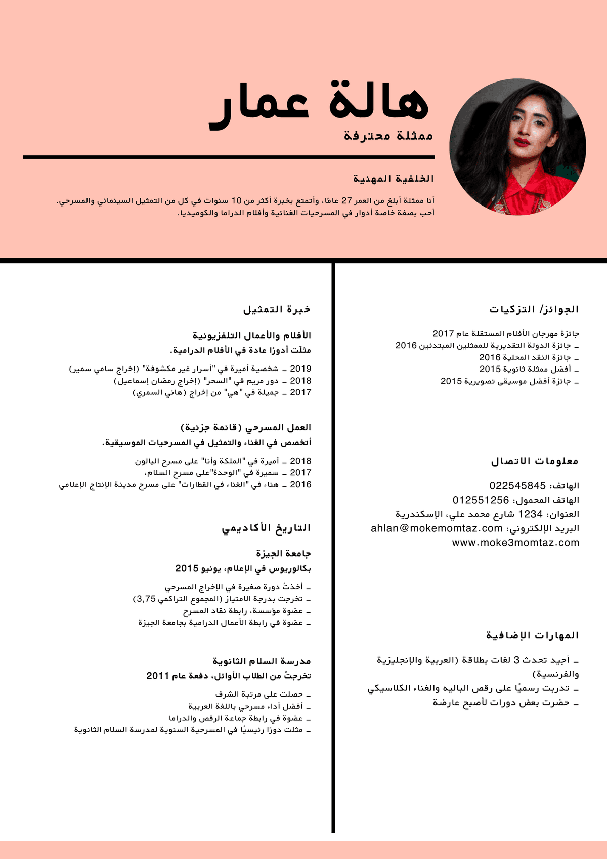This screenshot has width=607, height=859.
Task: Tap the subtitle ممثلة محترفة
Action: point(388,136)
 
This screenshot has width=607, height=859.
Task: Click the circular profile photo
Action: point(517,147)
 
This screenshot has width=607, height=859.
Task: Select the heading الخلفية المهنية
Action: point(394,179)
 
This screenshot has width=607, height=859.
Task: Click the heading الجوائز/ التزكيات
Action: point(534,309)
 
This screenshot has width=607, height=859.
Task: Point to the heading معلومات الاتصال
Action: point(535,461)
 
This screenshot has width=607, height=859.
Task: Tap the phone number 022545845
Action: point(517,486)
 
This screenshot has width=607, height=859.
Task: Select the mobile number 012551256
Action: point(481,500)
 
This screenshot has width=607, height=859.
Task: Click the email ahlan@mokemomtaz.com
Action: point(437,528)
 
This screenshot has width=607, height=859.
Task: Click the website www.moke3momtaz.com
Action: point(515,543)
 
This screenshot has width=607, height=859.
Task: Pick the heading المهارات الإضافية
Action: point(532,635)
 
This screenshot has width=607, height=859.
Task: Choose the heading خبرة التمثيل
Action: point(277,309)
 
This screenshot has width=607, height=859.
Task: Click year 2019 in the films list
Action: point(300,369)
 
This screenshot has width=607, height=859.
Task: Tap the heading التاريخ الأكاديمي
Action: point(266,528)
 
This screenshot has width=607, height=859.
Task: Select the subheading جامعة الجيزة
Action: point(283,553)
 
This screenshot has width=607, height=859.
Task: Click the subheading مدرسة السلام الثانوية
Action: point(262,661)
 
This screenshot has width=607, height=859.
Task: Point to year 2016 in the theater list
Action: point(300,484)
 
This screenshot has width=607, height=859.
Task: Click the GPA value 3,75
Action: point(146,599)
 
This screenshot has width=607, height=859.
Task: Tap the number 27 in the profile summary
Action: point(346,200)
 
